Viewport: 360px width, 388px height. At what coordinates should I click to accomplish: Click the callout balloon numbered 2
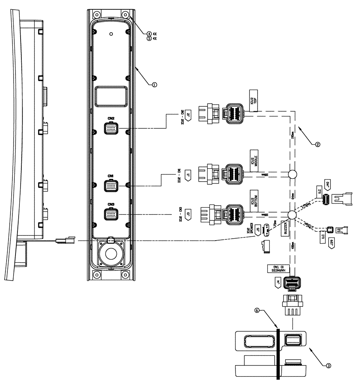coord(317,144)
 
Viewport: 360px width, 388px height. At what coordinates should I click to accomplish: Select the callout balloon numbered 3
coord(328,365)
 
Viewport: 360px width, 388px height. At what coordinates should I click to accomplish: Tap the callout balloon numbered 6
coord(256,311)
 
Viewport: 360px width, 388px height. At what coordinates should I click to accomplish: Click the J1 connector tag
coord(188,175)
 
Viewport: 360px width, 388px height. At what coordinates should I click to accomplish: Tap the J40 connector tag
coord(328,185)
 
